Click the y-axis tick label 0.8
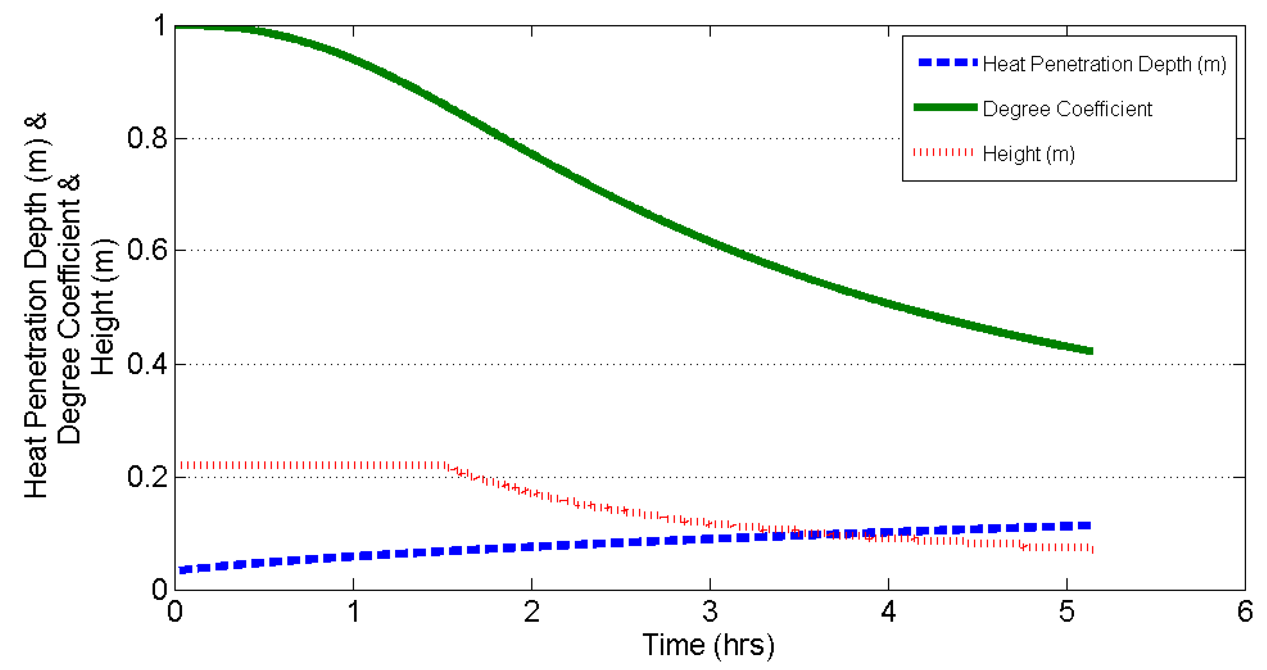coord(147,138)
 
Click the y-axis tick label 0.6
coord(147,250)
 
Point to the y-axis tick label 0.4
coord(147,364)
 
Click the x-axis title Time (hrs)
coord(708,646)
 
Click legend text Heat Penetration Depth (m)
coord(1104,64)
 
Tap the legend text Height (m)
coord(1028,154)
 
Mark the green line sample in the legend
coord(945,107)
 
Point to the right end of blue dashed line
coord(1089,525)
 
